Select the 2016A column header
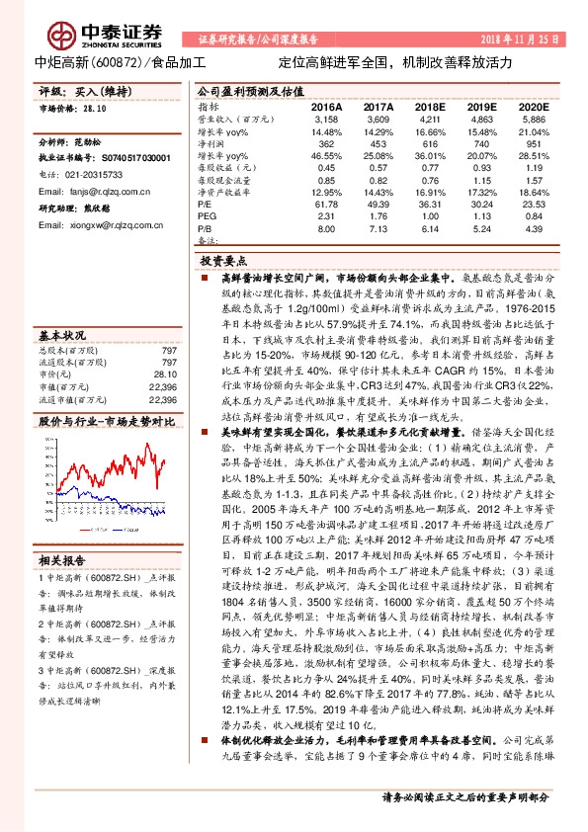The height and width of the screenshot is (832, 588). coord(327,105)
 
